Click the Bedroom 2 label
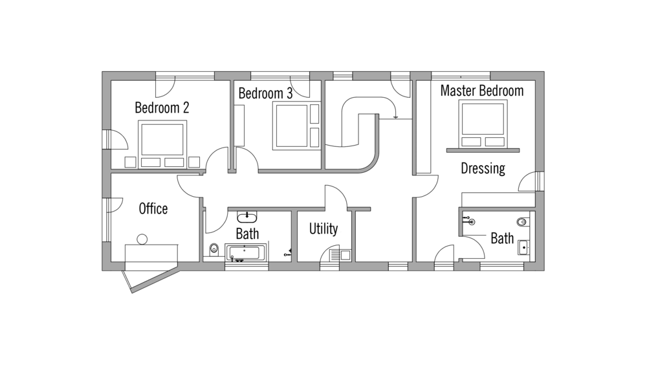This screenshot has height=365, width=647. pyautogui.click(x=162, y=108)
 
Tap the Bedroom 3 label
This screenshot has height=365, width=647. pyautogui.click(x=265, y=93)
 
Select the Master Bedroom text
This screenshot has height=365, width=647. pyautogui.click(x=482, y=91)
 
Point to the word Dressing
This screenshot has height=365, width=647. pyautogui.click(x=483, y=169)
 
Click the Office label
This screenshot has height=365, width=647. pyautogui.click(x=153, y=209)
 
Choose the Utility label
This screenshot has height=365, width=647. pyautogui.click(x=323, y=228)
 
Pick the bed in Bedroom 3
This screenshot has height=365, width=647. pyautogui.click(x=296, y=126)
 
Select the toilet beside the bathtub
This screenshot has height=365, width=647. pyautogui.click(x=214, y=249)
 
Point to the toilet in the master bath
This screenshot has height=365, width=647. pyautogui.click(x=523, y=223)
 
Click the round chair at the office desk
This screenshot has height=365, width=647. pyautogui.click(x=142, y=239)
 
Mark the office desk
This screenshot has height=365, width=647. pyautogui.click(x=151, y=252)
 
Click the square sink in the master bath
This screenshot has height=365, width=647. pyautogui.click(x=524, y=247)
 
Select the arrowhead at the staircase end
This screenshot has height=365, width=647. pyautogui.click(x=396, y=117)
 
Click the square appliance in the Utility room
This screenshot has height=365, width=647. pyautogui.click(x=345, y=255)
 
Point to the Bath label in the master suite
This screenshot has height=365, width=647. pyautogui.click(x=502, y=238)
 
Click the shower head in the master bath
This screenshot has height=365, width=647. pyautogui.click(x=472, y=222)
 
